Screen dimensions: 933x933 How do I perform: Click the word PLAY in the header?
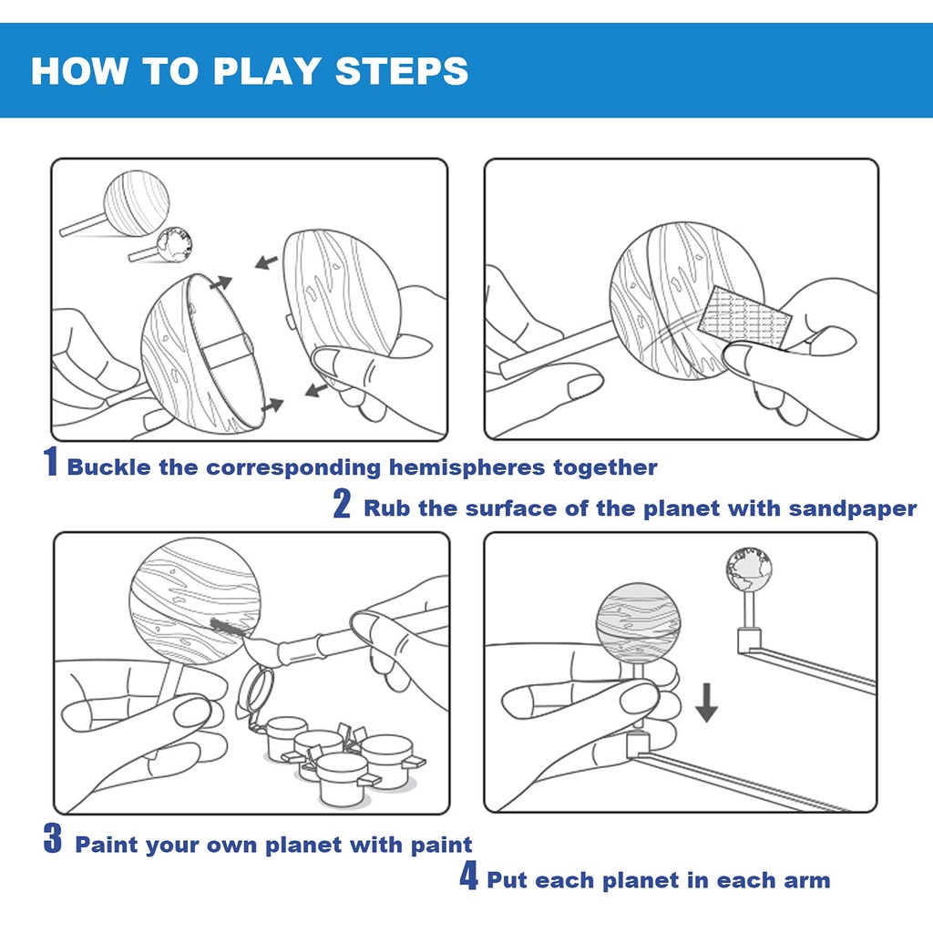[267, 71]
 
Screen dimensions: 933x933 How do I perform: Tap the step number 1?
[51, 462]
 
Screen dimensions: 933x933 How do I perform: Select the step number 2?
[342, 503]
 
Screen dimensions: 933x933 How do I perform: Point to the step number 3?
[53, 838]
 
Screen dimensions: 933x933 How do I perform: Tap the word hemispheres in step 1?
[467, 468]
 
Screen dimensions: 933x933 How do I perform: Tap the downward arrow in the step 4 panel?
[706, 702]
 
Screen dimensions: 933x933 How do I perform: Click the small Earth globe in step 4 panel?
[749, 570]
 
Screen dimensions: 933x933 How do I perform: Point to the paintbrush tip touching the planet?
[229, 627]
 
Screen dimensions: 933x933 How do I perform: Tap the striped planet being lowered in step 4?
[639, 622]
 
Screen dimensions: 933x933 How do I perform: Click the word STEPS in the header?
[402, 71]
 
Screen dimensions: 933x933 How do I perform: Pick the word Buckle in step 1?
[109, 467]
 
